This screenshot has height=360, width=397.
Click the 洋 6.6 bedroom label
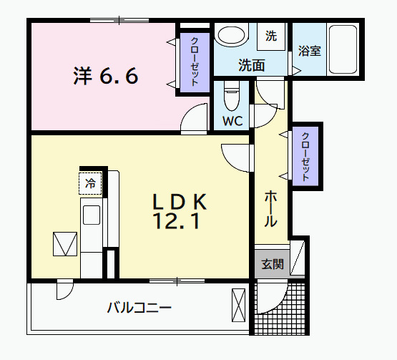(104, 76)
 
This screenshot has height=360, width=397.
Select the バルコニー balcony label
(139, 308)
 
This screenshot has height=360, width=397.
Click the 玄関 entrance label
(272, 264)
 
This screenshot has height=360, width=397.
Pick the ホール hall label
(271, 208)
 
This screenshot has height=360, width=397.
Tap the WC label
(232, 121)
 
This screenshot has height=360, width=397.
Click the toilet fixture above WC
(232, 94)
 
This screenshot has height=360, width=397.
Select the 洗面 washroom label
(251, 65)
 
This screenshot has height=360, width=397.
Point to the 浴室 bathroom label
(309, 51)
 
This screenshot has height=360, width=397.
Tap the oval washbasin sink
(230, 36)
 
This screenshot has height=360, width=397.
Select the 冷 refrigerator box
(91, 183)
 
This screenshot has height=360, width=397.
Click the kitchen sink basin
(92, 215)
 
